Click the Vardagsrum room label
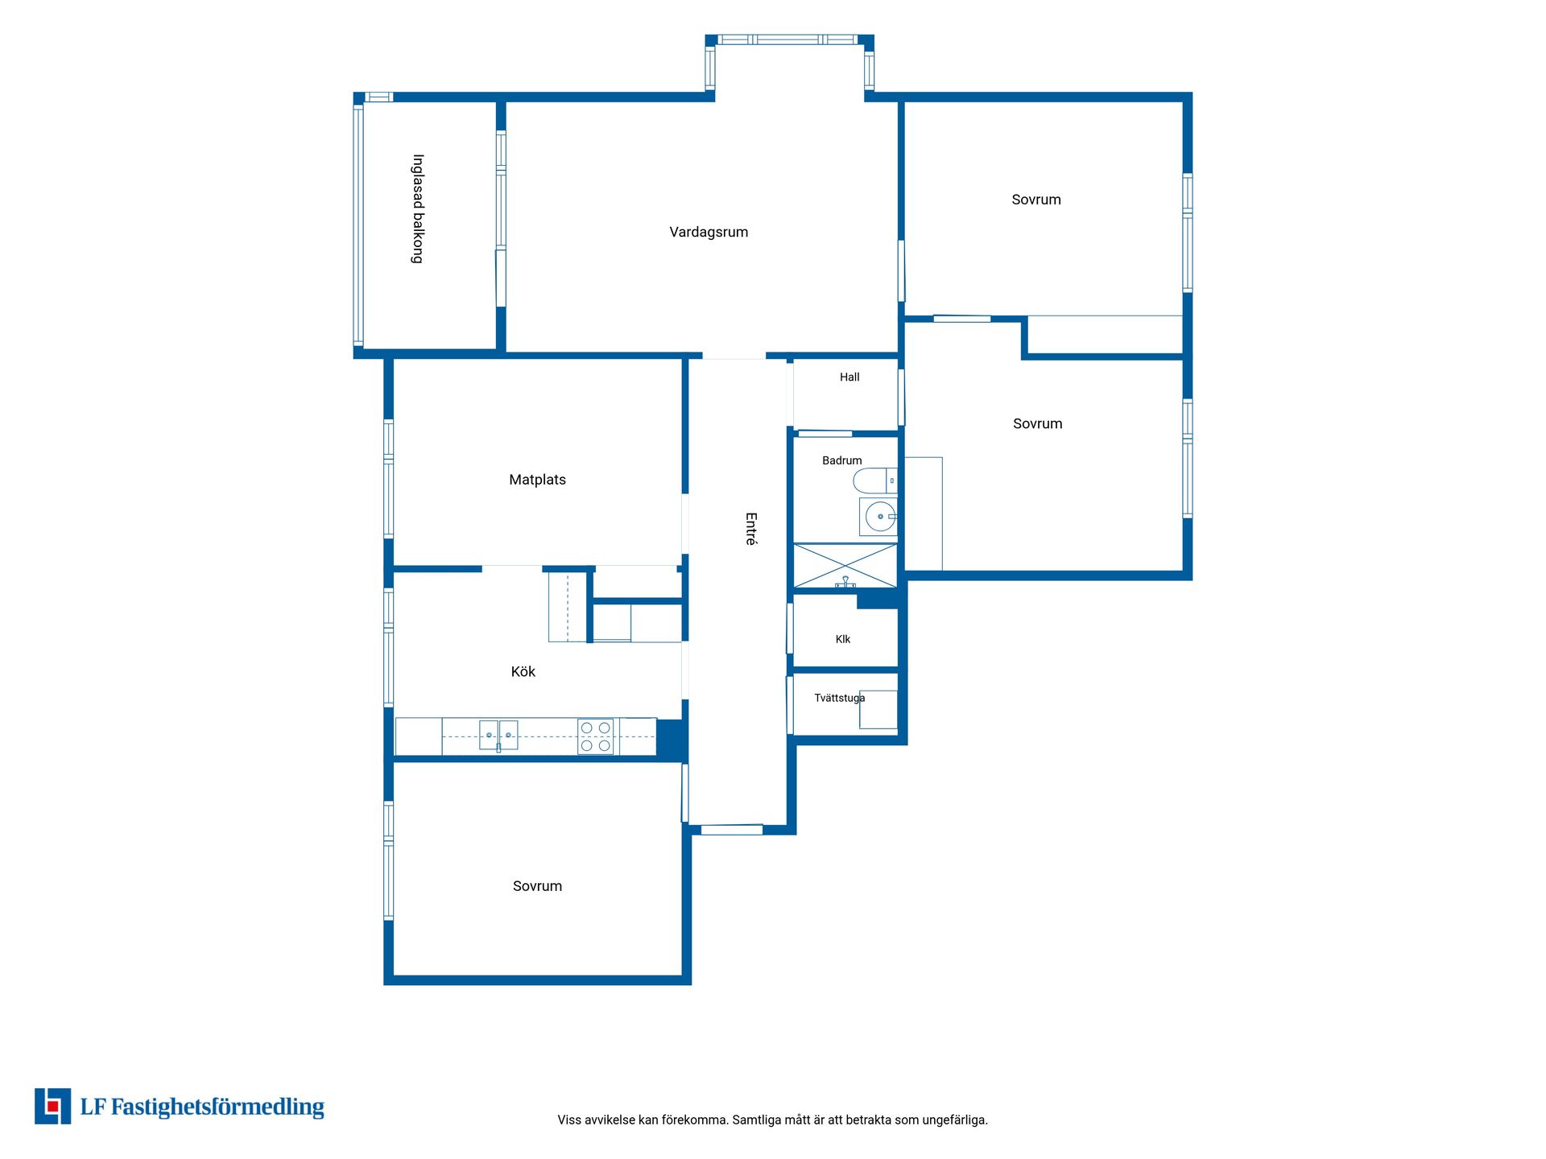709,233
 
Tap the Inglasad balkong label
418,208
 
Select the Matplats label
537,480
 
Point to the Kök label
523,671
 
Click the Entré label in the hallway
750,529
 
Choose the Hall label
849,377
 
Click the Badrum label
841,460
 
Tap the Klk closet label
843,639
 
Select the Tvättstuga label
839,698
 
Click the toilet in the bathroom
874,481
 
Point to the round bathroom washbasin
878,517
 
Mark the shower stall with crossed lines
845,566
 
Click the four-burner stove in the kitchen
595,736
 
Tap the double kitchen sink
498,736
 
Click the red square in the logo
53,1107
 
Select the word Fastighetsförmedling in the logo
217,1107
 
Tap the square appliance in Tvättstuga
878,710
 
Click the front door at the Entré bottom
731,830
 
